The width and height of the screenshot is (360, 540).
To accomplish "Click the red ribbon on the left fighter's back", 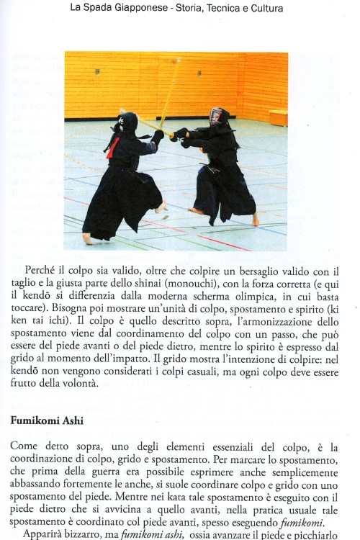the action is tap(112, 148).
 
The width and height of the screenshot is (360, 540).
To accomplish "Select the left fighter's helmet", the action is tap(127, 123).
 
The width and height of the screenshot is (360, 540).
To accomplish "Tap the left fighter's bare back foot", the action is tap(88, 238).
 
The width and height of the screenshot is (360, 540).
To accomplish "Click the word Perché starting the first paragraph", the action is tap(42, 271).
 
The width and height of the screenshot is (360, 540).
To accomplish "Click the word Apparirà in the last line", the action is tap(45, 535).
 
